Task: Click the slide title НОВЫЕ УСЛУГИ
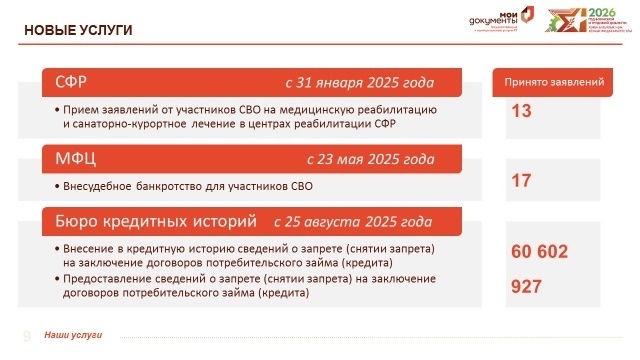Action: coord(78,31)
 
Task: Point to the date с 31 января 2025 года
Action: coord(359,84)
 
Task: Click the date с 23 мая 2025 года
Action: coord(370,159)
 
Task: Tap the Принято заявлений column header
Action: coord(555,82)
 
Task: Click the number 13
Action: coord(520,112)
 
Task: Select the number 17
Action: coord(520,181)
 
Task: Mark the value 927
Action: coord(526,287)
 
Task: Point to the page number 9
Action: coord(27,334)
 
